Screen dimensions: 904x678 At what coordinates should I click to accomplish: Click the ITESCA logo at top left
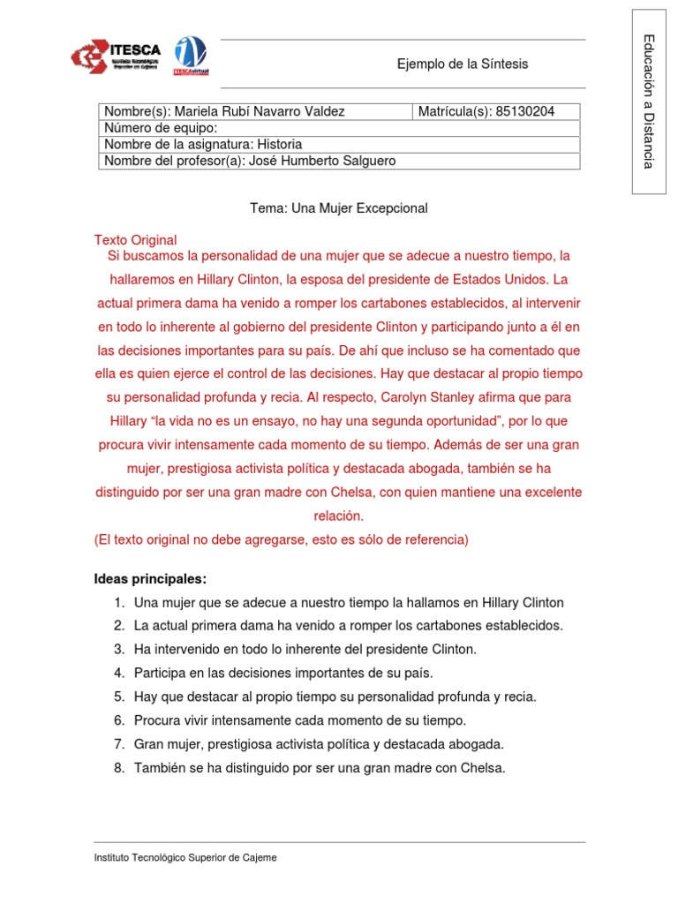tap(117, 56)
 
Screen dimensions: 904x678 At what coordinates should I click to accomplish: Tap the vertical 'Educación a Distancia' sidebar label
tap(649, 101)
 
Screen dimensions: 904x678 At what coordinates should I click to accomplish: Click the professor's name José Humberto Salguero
tap(323, 161)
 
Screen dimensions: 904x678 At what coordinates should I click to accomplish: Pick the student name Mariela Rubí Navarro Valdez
tap(260, 111)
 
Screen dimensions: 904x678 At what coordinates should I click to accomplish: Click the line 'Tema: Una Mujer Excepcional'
tap(339, 208)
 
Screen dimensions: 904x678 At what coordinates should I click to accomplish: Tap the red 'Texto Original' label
tap(135, 240)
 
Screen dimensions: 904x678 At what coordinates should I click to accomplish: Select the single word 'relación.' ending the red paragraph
tap(338, 516)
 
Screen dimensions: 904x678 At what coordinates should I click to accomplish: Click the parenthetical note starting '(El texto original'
tap(281, 539)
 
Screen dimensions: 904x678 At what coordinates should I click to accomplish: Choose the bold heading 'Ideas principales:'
tap(150, 579)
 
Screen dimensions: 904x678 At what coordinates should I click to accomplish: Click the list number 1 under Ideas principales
tap(117, 603)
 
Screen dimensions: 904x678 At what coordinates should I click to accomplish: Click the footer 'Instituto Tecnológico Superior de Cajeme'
tap(185, 857)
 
